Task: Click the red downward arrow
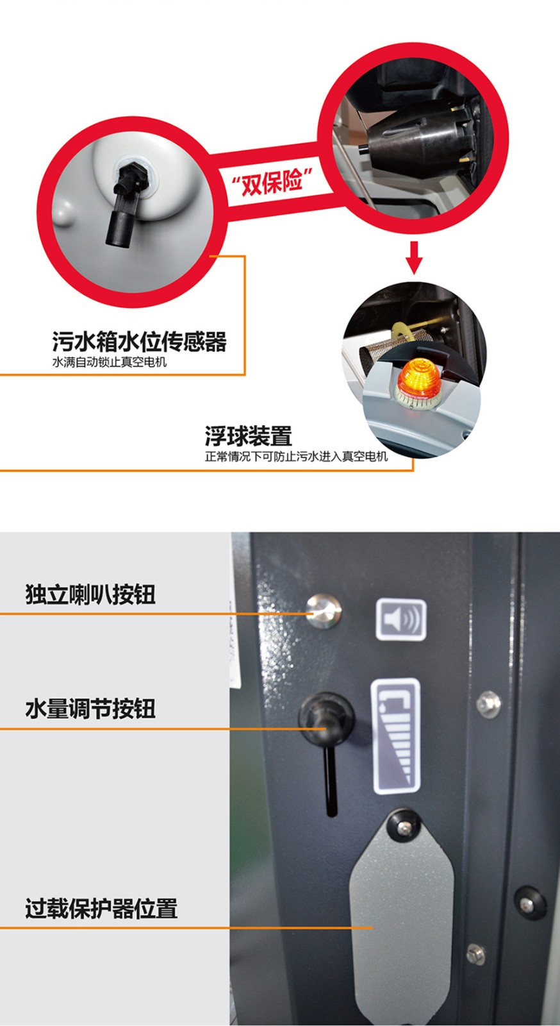coord(414,257)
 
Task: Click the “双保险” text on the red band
coord(272,181)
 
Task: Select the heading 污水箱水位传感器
coord(140,342)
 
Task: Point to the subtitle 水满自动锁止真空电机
coord(110,362)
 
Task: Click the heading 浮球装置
coord(249,436)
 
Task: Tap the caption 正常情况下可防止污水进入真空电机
coord(297,457)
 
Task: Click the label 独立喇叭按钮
coord(90,594)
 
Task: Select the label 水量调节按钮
coord(90,709)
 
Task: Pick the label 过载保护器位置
coord(102,909)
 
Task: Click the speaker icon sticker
coord(401,619)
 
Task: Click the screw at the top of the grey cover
coord(404,827)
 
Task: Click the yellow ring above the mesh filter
coord(401,330)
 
